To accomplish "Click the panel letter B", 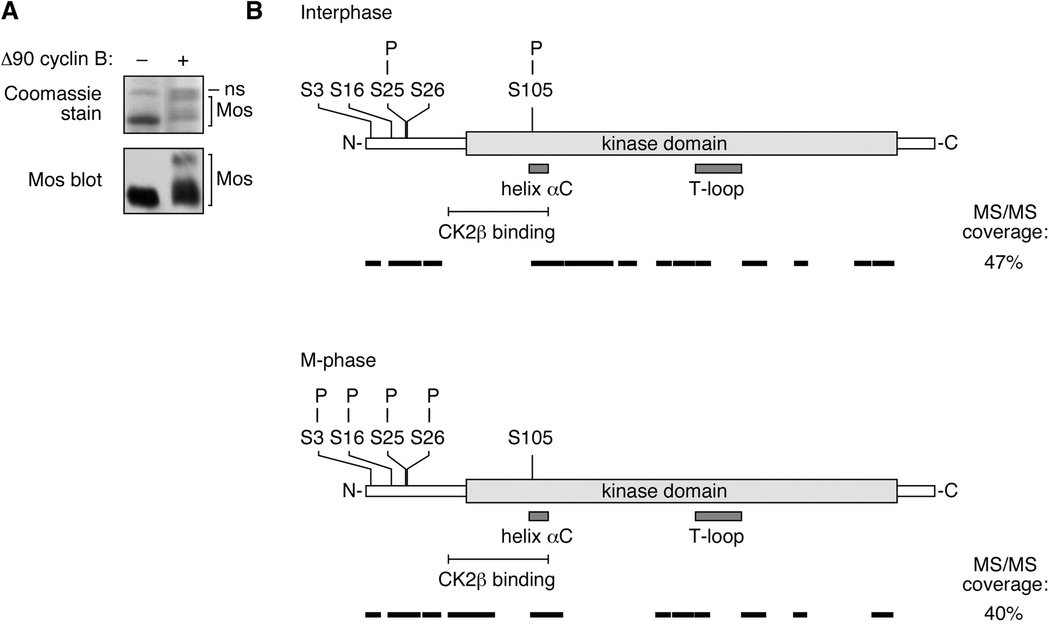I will [x=255, y=11].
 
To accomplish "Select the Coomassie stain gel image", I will [x=163, y=105].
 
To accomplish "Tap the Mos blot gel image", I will [x=163, y=181].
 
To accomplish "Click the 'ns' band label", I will [x=234, y=89].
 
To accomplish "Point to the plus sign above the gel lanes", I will [x=183, y=60].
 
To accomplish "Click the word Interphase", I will [x=346, y=13].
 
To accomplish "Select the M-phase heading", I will [x=338, y=360].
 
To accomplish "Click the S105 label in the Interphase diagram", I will [x=530, y=90].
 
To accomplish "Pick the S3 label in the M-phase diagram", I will [x=312, y=438].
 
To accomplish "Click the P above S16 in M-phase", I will [x=352, y=396].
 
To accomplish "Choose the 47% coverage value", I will [x=1003, y=263].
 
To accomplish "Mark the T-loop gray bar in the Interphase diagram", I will [x=718, y=169].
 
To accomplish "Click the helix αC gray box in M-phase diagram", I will [x=538, y=516].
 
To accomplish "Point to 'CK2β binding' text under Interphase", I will [x=497, y=233].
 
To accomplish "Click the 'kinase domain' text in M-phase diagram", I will [x=664, y=491].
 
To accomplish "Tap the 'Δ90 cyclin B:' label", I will [x=57, y=60].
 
